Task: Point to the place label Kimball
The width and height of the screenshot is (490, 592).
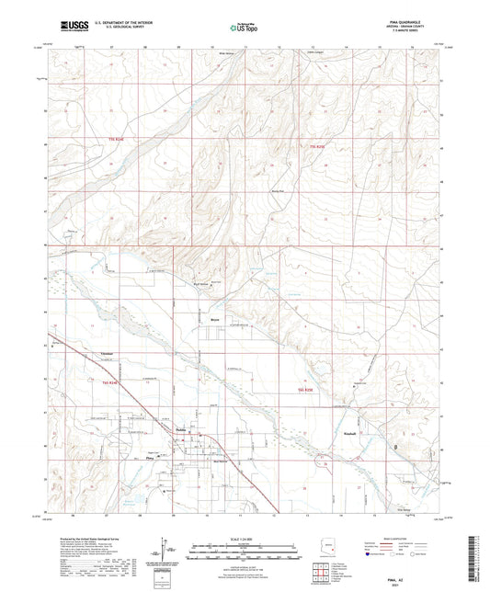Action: click(x=348, y=431)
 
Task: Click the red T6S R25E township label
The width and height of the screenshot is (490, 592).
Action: click(x=306, y=390)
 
